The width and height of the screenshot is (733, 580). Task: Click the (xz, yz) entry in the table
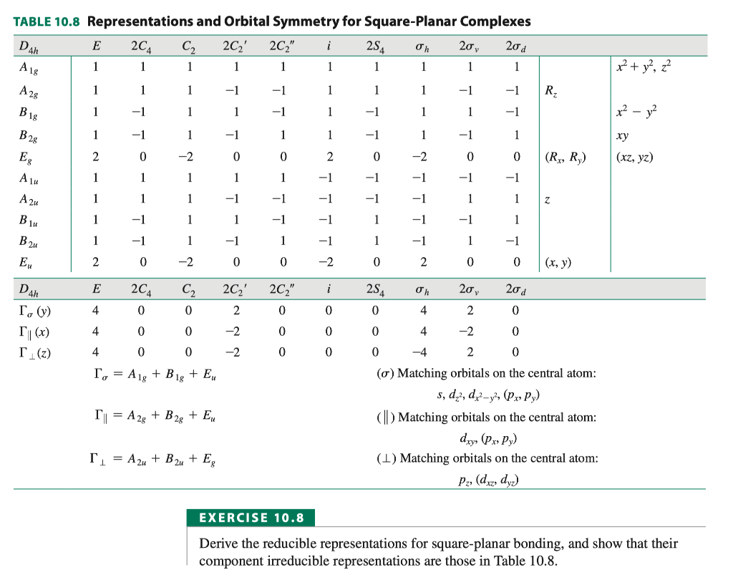tap(634, 158)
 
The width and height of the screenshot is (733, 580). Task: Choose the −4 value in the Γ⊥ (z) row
tap(423, 352)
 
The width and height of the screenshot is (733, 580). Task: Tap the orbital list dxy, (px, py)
tap(487, 438)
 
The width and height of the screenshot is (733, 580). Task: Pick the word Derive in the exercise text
tap(218, 543)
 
